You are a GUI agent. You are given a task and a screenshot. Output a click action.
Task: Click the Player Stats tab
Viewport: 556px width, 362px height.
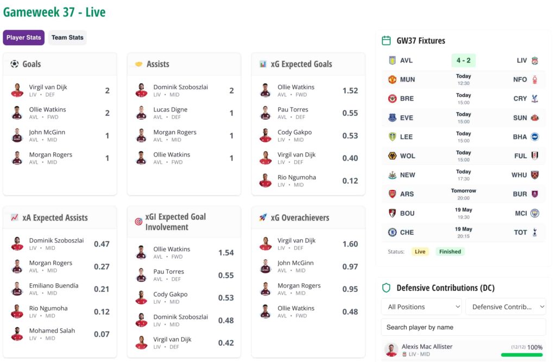(24, 38)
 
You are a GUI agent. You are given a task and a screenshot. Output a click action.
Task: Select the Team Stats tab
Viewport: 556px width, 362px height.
(67, 38)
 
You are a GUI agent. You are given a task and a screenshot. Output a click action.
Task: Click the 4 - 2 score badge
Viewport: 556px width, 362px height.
(464, 60)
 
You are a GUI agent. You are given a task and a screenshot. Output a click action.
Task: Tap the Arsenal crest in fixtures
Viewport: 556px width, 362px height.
(392, 194)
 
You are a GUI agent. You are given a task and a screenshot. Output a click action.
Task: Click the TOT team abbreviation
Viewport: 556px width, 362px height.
(520, 233)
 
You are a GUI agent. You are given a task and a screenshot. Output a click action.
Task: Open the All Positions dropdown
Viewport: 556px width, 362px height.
(421, 307)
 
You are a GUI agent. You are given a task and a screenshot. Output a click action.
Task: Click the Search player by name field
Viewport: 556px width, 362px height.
(464, 327)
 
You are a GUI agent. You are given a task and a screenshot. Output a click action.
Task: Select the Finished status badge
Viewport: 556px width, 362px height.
(450, 252)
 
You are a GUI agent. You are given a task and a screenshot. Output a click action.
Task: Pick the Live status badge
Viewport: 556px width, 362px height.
(420, 252)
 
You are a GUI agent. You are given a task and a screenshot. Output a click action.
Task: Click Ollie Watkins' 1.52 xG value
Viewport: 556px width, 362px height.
(350, 90)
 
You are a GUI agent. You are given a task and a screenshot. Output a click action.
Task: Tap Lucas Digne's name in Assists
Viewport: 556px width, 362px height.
(170, 109)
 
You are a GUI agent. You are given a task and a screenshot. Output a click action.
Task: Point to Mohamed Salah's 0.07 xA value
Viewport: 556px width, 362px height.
(102, 334)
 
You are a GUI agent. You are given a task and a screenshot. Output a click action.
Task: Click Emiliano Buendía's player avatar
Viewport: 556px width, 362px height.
(17, 289)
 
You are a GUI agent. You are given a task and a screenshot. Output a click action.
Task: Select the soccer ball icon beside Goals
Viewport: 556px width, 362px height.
(15, 64)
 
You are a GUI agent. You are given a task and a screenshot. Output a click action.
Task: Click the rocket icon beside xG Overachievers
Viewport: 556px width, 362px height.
(263, 217)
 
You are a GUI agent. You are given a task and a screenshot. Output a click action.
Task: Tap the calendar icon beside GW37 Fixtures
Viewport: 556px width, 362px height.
(386, 40)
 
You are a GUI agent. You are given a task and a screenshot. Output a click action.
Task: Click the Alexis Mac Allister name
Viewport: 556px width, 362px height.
(427, 346)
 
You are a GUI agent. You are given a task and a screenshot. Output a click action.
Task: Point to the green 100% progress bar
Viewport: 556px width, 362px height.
(522, 354)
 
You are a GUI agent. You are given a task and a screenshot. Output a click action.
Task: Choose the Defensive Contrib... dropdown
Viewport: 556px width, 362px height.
(506, 307)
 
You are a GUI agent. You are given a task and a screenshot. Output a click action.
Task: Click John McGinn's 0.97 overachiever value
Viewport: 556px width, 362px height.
(350, 266)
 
